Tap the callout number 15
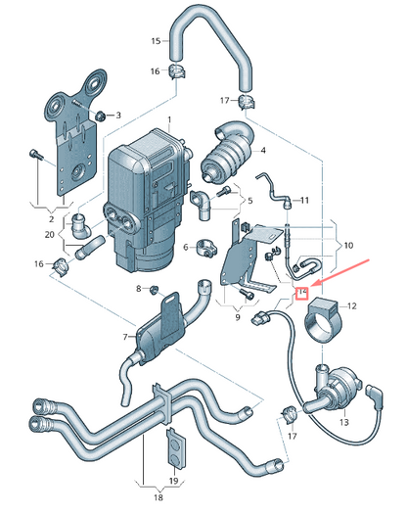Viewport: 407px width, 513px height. click(155, 41)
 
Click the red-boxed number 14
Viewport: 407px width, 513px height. click(303, 292)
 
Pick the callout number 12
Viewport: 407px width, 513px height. click(353, 306)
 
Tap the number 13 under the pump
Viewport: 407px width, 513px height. click(342, 423)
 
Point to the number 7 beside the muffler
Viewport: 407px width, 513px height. click(126, 338)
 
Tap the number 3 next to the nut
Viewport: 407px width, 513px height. click(118, 116)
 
